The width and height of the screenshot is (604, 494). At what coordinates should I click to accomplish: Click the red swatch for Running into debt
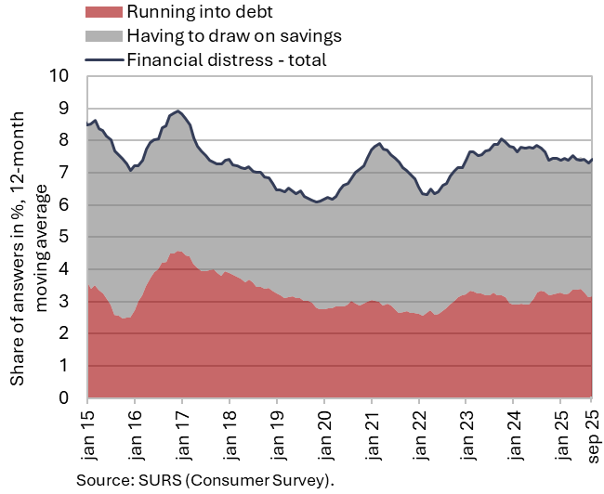(102, 13)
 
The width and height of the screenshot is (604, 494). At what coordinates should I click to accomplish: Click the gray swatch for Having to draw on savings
(102, 36)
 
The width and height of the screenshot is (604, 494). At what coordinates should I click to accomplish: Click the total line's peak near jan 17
(178, 110)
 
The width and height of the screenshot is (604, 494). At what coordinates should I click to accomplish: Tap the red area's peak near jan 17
(179, 252)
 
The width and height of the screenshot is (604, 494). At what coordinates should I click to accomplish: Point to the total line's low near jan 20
(318, 201)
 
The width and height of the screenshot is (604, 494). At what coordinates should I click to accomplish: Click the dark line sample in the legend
(102, 59)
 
